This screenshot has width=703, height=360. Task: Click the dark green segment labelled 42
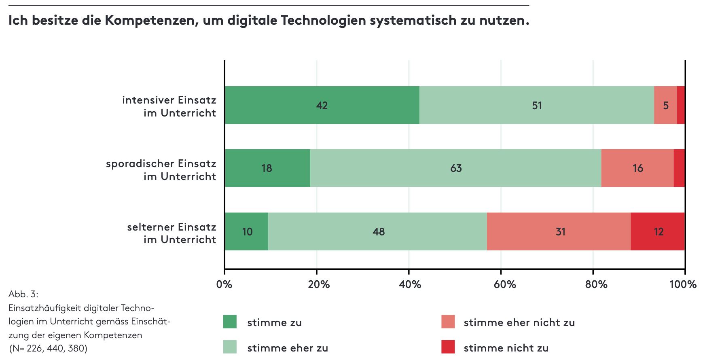322,105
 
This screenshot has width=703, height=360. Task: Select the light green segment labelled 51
537,105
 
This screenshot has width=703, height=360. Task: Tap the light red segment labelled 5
665,105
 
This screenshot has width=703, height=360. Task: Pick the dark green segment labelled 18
267,168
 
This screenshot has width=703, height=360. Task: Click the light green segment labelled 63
456,168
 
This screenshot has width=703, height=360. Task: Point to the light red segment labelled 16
637,168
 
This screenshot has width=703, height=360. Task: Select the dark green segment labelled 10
247,231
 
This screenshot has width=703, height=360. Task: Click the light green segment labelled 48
378,231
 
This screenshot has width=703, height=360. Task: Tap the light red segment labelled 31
560,231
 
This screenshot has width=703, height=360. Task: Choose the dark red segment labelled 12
658,231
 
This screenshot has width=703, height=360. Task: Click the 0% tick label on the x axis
224,284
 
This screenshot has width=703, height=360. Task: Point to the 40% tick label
410,284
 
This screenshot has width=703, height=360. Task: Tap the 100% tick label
683,284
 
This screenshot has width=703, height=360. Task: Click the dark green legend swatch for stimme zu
230,322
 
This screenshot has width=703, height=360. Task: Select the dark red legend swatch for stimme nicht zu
448,347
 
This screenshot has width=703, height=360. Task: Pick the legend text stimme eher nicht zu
519,322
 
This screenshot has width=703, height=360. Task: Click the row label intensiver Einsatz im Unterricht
169,106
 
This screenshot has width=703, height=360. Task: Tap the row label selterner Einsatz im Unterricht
172,233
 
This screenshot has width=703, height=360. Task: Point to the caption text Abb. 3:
23,294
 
